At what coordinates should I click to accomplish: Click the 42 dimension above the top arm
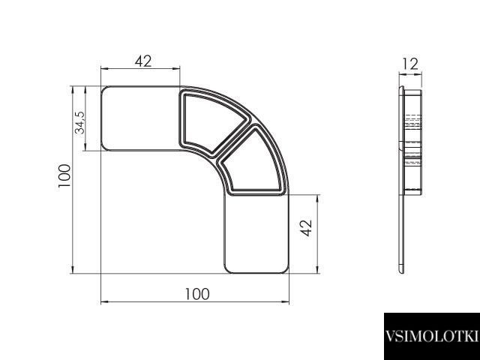(x=143, y=61)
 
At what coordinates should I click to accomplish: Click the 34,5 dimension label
(x=80, y=122)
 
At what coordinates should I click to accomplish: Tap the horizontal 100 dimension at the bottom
(x=197, y=294)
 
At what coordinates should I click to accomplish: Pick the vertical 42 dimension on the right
(x=306, y=228)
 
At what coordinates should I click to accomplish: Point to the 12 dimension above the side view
(x=410, y=64)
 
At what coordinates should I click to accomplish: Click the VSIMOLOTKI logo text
(x=432, y=336)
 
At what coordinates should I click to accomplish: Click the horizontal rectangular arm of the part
(x=140, y=118)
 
